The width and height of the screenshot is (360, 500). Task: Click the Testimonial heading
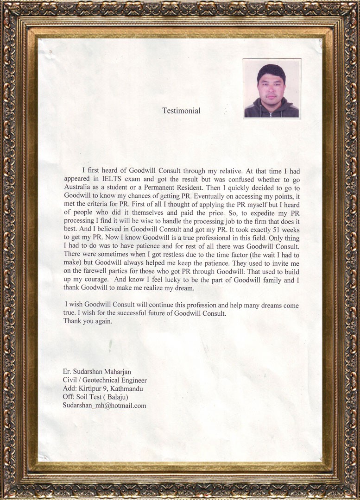point(181,111)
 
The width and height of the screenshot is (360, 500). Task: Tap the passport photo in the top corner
point(272,88)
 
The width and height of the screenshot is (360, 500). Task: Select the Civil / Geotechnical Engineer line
point(105,380)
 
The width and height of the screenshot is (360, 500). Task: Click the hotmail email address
point(105,405)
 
